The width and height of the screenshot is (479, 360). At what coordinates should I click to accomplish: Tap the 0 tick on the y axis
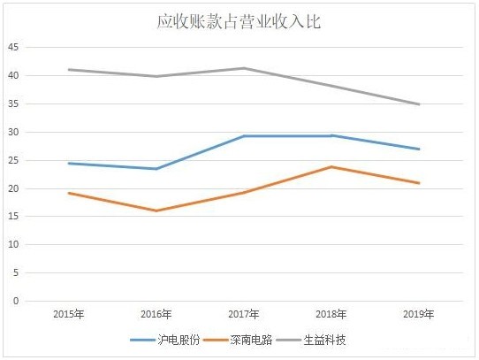pos(14,301)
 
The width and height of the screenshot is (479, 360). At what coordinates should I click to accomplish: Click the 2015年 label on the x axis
pos(69,314)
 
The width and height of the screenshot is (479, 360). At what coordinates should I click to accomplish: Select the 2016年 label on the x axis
pos(156,314)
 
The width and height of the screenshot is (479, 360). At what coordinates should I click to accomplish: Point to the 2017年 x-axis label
pos(244,314)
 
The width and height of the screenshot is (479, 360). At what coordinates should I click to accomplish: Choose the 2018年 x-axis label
pos(331,314)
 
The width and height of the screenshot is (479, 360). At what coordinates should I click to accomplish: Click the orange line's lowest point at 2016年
pos(156,211)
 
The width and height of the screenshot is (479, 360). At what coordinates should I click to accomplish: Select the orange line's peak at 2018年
pos(331,166)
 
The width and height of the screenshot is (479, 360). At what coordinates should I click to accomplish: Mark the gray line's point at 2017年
pos(244,68)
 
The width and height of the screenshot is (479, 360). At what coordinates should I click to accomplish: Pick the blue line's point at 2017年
pos(244,136)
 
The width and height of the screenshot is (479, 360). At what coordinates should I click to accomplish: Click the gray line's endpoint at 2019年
pos(419,104)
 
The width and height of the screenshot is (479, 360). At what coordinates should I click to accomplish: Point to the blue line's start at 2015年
pos(69,163)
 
